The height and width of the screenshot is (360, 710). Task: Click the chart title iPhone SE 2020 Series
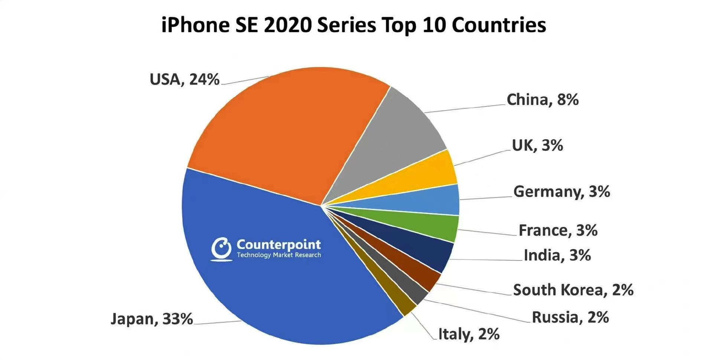click(354, 25)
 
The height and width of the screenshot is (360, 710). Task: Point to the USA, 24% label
click(185, 79)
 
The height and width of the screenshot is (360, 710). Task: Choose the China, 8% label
click(543, 99)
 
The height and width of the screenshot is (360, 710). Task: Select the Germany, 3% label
click(561, 192)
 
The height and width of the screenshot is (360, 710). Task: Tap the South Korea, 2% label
click(573, 290)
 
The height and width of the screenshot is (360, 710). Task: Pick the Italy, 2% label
click(469, 334)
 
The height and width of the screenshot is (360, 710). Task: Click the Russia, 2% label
click(570, 317)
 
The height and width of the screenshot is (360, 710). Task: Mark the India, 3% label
click(557, 255)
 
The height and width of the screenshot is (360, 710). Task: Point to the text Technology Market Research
click(279, 255)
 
